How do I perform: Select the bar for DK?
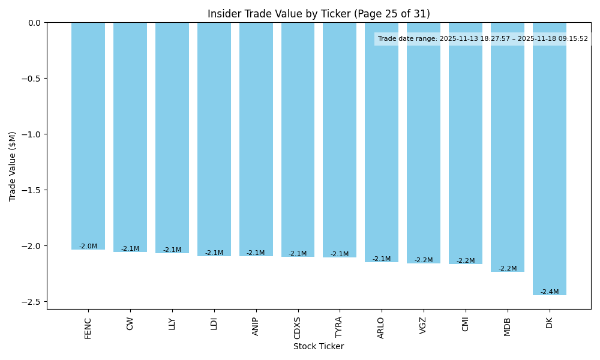coord(550,159)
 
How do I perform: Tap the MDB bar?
coord(508,147)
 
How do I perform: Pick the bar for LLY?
coord(172,138)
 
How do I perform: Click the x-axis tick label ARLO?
coord(381,328)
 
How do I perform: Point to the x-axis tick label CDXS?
coord(298,328)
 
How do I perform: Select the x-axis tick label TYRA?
coord(340,328)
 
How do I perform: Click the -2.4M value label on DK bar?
coord(550,292)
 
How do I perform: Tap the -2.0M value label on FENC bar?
coord(88,247)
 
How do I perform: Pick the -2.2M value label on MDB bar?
coord(508,269)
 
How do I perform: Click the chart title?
coord(319,14)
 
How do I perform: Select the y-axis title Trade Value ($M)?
coord(13,166)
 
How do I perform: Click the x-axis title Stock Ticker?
coord(319,346)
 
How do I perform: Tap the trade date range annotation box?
coord(483,39)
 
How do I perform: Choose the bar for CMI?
coord(466,143)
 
